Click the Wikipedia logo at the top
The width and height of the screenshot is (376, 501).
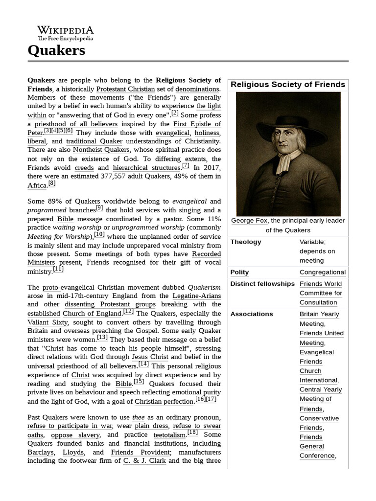[65, 33]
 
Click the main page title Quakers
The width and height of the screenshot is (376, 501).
[56, 50]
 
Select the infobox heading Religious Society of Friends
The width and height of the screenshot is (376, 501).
[288, 85]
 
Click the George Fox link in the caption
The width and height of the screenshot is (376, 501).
[249, 221]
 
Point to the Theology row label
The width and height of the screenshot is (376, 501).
[246, 242]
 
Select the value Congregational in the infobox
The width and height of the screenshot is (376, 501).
[323, 272]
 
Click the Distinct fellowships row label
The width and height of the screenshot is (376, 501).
[262, 284]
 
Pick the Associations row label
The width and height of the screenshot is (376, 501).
[252, 314]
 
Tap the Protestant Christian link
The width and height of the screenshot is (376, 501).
[125, 89]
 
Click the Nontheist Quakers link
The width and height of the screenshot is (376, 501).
[101, 149]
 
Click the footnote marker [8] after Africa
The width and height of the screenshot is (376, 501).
[52, 184]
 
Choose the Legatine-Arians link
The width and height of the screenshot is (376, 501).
[196, 296]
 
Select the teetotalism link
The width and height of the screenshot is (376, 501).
[168, 434]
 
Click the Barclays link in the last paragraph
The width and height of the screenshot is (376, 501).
[41, 453]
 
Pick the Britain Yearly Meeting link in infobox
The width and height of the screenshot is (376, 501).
[319, 319]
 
